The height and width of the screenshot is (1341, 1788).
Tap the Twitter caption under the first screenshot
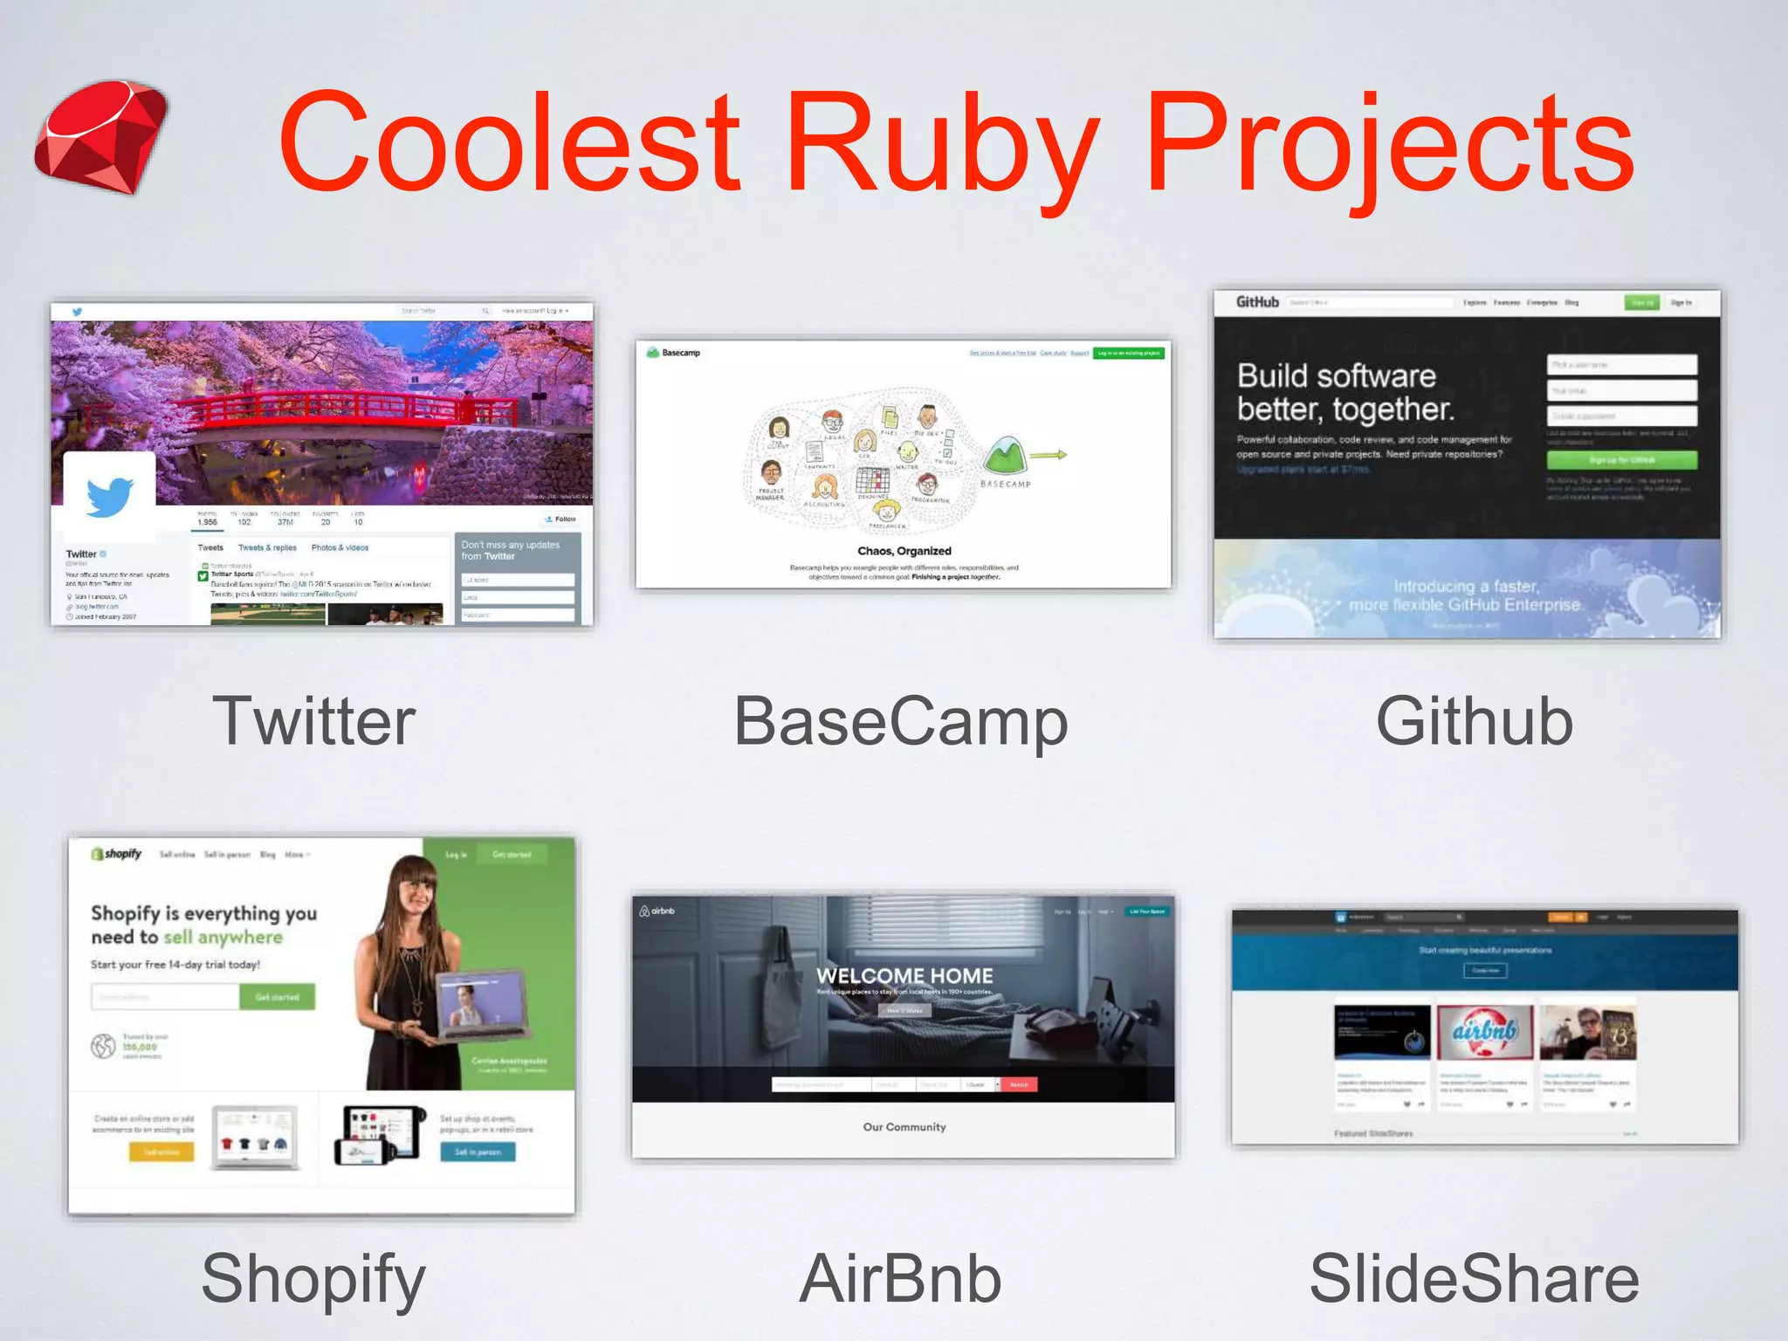click(x=314, y=721)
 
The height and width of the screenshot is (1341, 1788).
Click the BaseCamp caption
click(x=901, y=721)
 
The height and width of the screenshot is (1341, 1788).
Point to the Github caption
click(x=1474, y=721)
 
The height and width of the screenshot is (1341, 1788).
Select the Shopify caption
click(x=313, y=1278)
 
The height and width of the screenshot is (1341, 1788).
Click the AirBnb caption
click(x=900, y=1278)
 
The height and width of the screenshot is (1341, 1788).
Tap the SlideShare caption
click(x=1474, y=1278)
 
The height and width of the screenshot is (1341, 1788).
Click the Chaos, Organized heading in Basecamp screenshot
click(x=904, y=551)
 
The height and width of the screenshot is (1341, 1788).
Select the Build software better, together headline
click(x=1344, y=392)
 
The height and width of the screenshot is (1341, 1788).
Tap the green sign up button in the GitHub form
click(x=1621, y=460)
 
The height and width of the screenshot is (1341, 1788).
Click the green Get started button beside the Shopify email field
click(x=277, y=997)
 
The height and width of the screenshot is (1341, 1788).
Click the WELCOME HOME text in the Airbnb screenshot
click(x=904, y=975)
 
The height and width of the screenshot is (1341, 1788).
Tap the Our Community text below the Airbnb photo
click(x=904, y=1127)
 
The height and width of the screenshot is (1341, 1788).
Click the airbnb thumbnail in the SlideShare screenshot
click(x=1484, y=1032)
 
